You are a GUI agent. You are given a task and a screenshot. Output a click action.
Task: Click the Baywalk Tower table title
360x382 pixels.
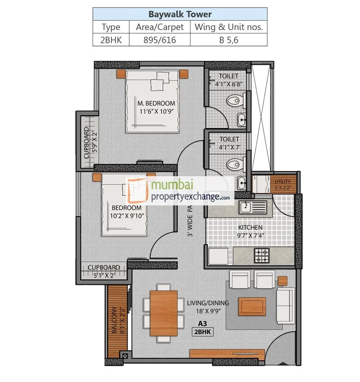pos(180,14)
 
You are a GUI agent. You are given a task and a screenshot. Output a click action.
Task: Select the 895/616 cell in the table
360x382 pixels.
pos(160,40)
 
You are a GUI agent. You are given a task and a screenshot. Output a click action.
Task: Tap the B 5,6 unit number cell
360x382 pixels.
pos(228,40)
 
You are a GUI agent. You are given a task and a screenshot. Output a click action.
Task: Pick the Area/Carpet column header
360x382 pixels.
pos(160,27)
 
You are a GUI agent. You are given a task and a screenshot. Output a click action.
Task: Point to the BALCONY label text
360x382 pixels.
pos(114,320)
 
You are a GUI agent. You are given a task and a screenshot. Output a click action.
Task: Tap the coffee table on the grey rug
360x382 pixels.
pos(252,307)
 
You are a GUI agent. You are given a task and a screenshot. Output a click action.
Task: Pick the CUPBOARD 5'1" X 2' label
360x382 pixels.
pos(104,271)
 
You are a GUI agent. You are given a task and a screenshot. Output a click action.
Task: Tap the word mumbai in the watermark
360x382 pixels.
pos(172,185)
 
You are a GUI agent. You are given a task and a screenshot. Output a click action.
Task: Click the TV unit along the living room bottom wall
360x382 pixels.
pos(227,354)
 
